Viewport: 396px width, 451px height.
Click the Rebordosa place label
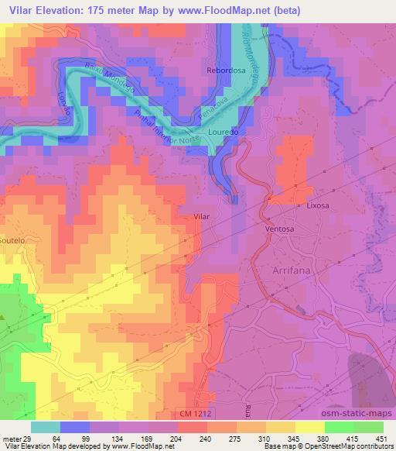pos(225,70)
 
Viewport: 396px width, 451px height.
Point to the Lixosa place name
pos(319,207)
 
